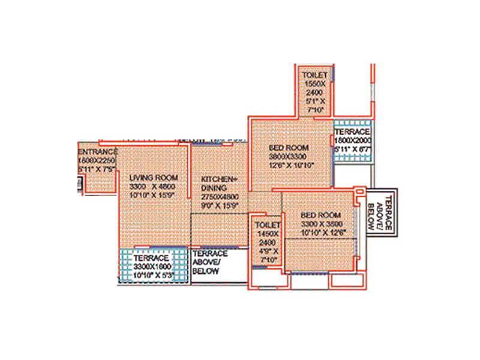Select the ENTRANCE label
pos(98,152)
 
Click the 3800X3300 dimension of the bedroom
pos(291,156)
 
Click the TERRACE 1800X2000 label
pos(353,131)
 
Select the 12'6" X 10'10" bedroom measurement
pos(291,164)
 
